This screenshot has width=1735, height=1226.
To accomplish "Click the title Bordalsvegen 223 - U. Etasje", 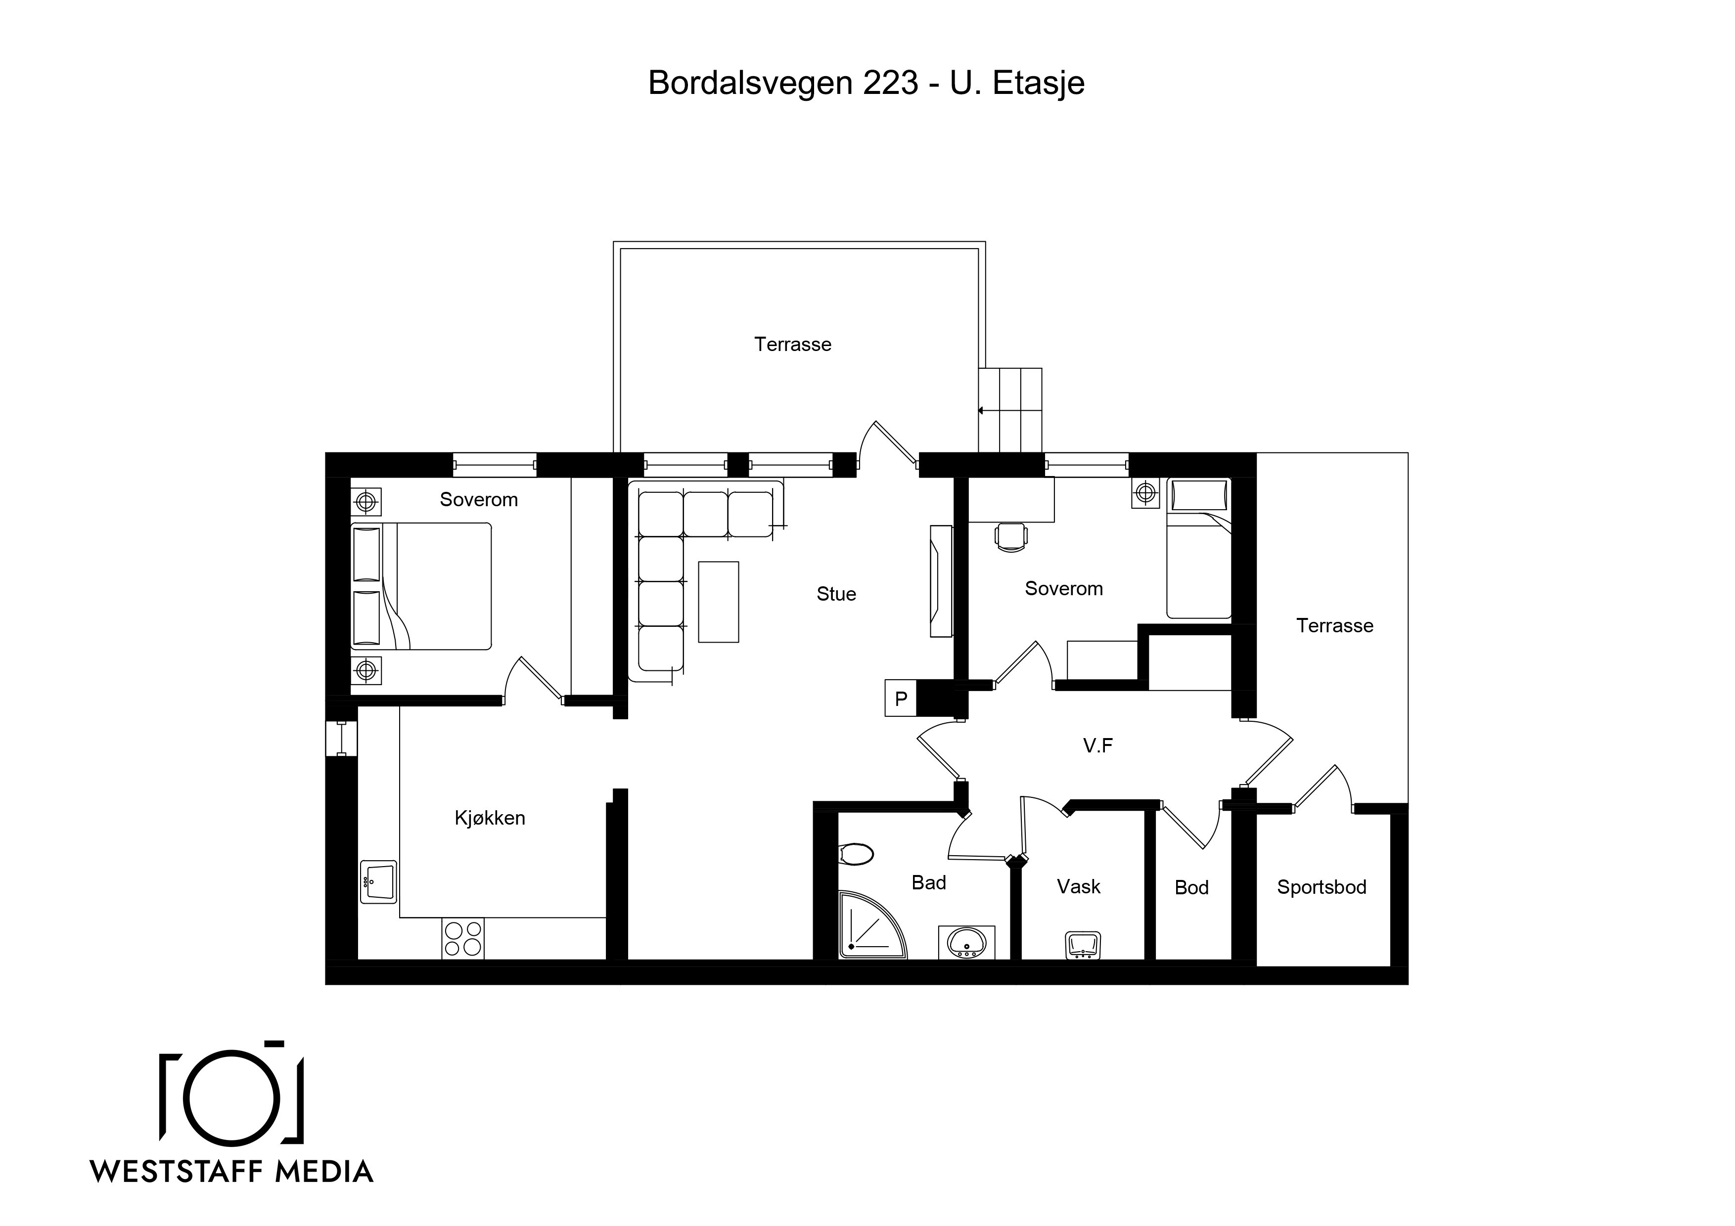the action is pyautogui.click(x=866, y=83).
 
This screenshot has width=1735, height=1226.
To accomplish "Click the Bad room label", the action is pyautogui.click(x=929, y=882).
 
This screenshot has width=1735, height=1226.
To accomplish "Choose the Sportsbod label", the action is pyautogui.click(x=1322, y=887).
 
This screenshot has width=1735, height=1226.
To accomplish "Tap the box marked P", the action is pyautogui.click(x=901, y=698).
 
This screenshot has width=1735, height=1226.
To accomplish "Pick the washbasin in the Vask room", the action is pyautogui.click(x=1082, y=945).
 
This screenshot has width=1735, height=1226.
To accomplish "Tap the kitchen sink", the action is pyautogui.click(x=378, y=881).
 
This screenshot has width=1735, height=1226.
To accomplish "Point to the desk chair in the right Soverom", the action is pyautogui.click(x=1011, y=537).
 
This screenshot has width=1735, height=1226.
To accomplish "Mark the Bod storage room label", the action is pyautogui.click(x=1191, y=887).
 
